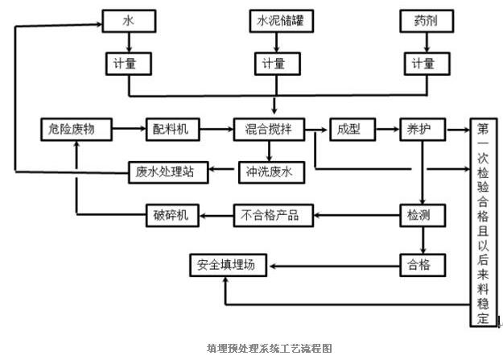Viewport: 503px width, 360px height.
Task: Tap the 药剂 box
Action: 423,21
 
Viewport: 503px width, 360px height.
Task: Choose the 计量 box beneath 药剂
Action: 423,63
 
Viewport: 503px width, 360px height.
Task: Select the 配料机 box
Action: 171,128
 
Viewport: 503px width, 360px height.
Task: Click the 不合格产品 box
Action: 270,215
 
